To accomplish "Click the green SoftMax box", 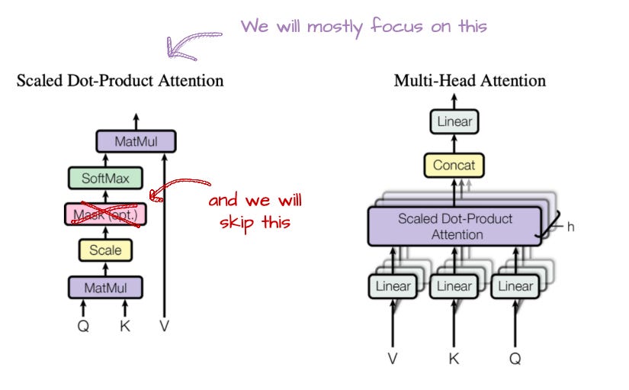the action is coord(105,178).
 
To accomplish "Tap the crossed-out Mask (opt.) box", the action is coord(105,214).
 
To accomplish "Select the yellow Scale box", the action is coord(105,250).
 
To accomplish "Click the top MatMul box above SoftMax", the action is coord(136,141).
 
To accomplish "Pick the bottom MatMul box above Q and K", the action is coord(105,288).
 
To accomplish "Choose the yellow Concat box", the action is coord(454,165).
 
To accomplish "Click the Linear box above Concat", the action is coord(454,121).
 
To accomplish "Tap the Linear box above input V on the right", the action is coord(393,286).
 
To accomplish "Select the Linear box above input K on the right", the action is coord(454,286).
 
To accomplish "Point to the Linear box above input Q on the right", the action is coord(515,286).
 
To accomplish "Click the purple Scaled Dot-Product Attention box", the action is coord(455,226).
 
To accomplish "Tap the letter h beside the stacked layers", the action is coord(570,227).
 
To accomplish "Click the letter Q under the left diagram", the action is coord(83,326).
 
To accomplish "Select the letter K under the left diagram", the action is coord(125,326).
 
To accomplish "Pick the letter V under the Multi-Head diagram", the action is coord(393,358).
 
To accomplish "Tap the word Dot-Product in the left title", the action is coord(110,81).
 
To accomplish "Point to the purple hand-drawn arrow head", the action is coord(177,50).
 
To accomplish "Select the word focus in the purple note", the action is coord(396,26).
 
